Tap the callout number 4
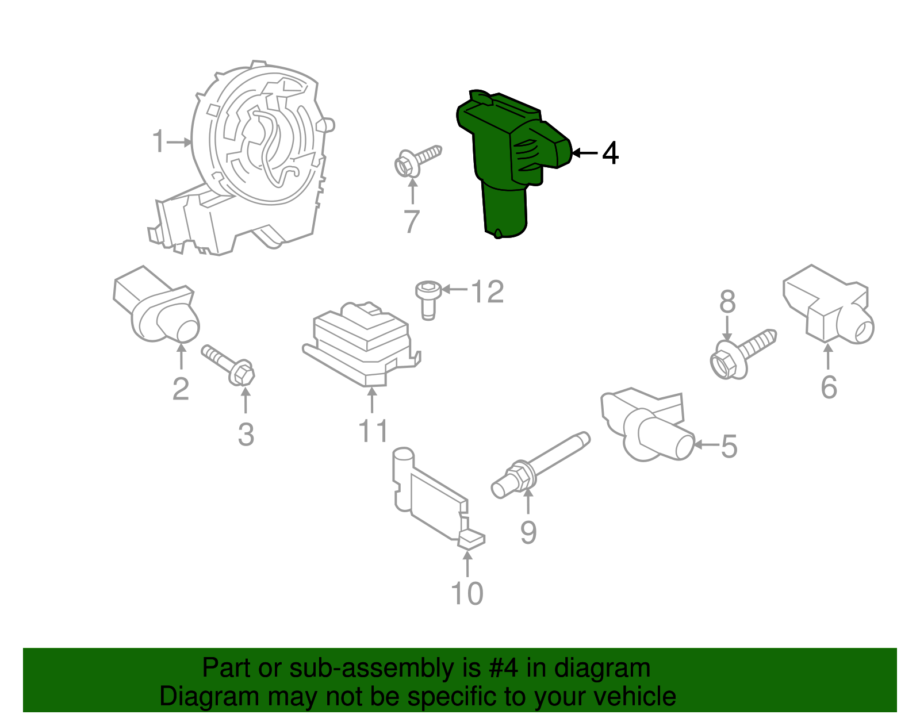(610, 153)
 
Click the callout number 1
(159, 141)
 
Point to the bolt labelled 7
(417, 160)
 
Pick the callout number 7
(411, 222)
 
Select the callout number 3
(246, 435)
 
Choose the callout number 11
(373, 431)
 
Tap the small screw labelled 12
(427, 298)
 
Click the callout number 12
(488, 292)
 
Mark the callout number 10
(467, 593)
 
